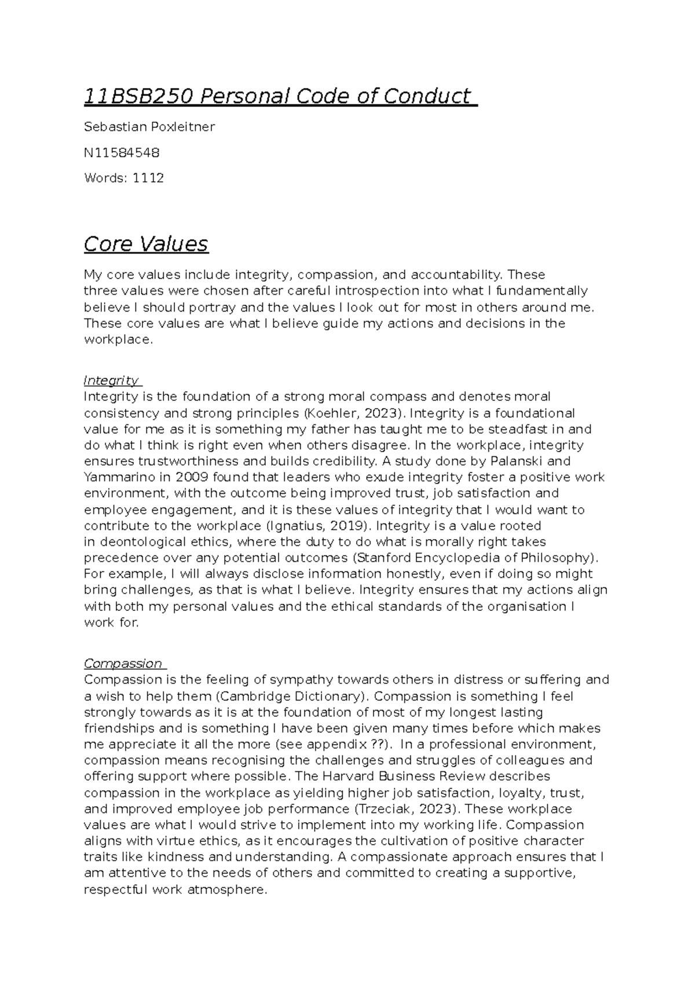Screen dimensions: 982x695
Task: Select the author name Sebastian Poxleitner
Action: (x=149, y=127)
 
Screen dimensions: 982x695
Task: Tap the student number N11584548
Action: (x=122, y=153)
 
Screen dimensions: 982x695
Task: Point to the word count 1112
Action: (x=148, y=178)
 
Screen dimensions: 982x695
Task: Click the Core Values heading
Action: (x=146, y=244)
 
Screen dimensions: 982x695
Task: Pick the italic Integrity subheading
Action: (x=111, y=380)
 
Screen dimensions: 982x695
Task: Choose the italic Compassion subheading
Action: (x=123, y=664)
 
